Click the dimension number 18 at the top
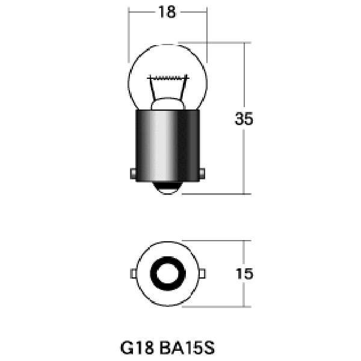point(167,12)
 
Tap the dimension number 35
point(244,119)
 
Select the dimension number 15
point(244,274)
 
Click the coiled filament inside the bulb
point(168,78)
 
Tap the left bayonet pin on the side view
point(133,173)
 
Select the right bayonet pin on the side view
point(202,173)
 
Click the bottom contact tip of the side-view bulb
point(168,188)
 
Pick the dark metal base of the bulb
point(168,146)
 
